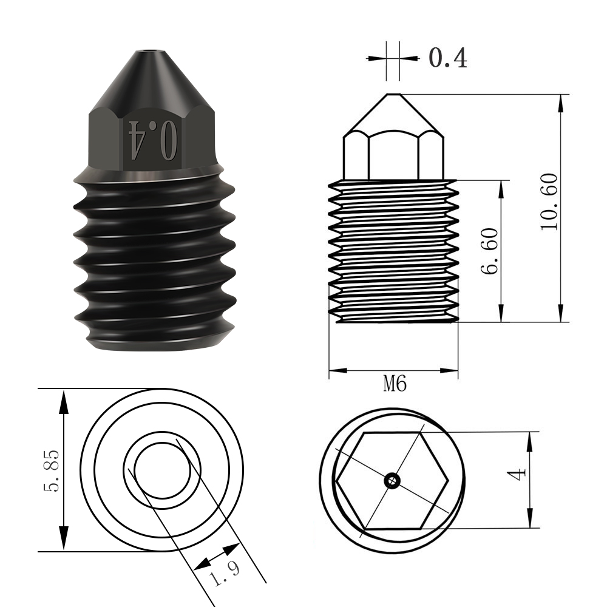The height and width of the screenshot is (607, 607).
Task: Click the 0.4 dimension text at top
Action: [448, 58]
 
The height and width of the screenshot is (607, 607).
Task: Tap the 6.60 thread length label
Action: [490, 250]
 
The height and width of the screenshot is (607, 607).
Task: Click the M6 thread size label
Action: [394, 384]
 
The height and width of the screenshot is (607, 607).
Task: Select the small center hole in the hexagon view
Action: [393, 481]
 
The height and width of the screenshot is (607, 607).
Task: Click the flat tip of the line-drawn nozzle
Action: [393, 95]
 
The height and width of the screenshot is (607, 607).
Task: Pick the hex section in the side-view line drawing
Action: [393, 155]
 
